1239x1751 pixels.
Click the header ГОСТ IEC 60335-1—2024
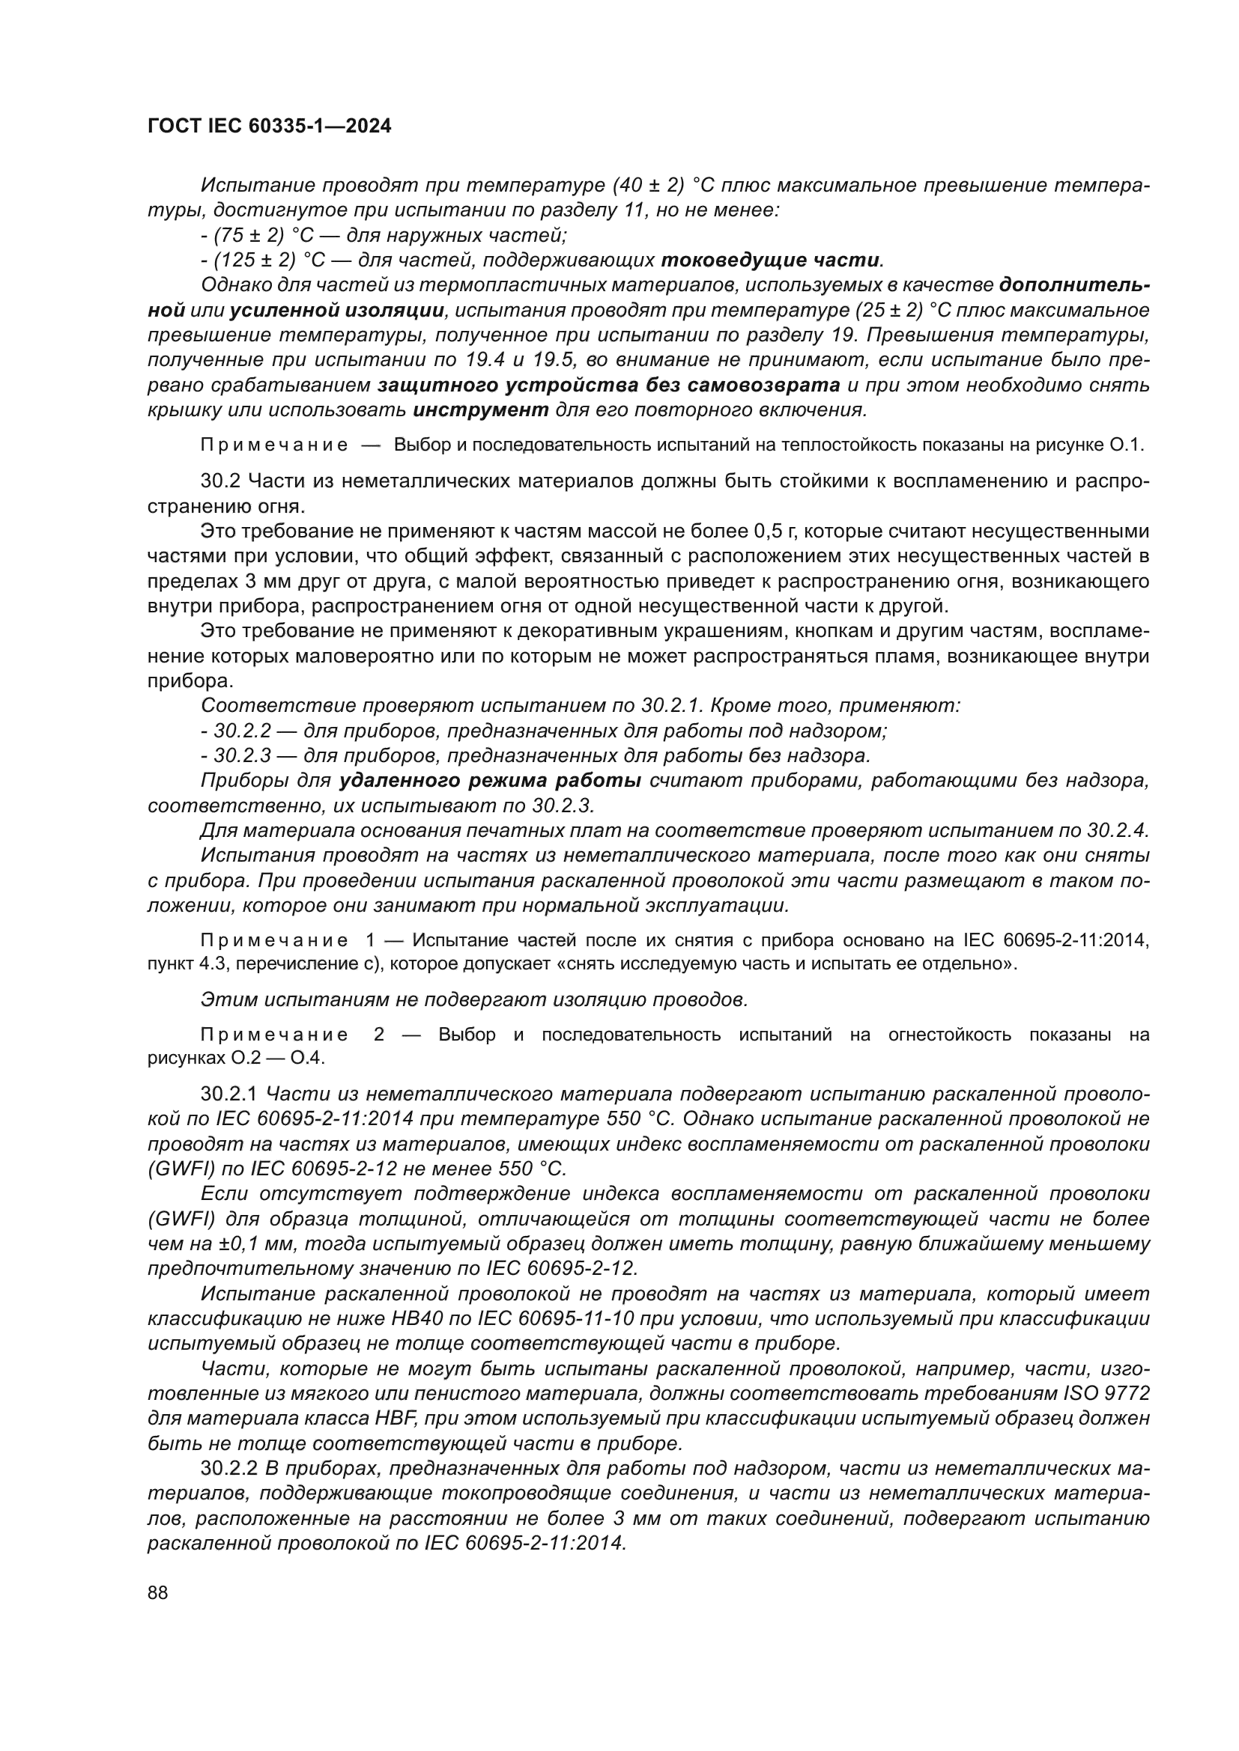269,127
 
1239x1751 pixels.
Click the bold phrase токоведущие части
770,260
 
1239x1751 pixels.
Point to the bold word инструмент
481,409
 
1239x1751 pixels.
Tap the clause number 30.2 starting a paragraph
219,481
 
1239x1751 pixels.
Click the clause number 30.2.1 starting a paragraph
230,1094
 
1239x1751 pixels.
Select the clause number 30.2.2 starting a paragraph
230,1468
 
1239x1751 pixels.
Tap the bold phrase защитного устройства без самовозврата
609,385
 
